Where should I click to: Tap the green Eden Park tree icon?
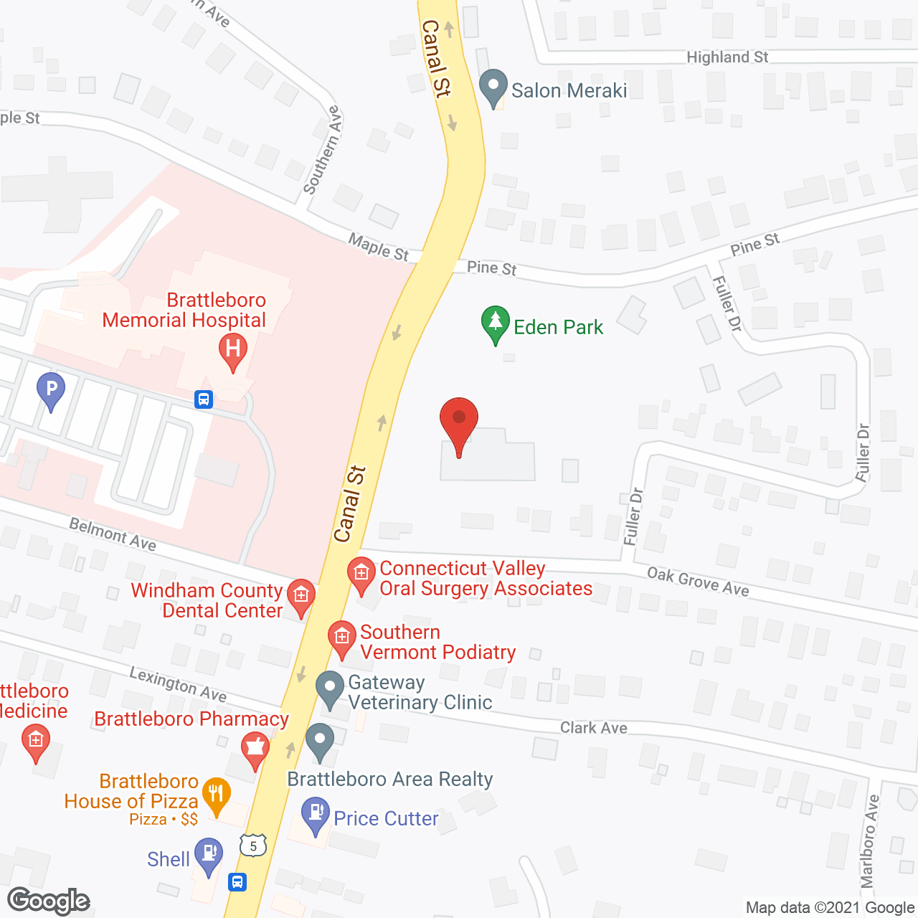[495, 324]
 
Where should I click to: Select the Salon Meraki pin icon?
[493, 87]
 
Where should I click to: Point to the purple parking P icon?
[51, 391]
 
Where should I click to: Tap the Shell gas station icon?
[209, 856]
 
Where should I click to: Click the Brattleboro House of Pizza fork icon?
[216, 795]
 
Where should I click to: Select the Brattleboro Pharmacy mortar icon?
[255, 750]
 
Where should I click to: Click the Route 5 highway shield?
[253, 846]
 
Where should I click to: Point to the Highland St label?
[727, 57]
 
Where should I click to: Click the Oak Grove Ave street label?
[698, 582]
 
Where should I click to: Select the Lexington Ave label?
[178, 684]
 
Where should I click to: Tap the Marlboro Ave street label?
[870, 841]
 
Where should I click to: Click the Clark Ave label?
[593, 728]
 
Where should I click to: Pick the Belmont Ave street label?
[113, 534]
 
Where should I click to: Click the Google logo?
[48, 901]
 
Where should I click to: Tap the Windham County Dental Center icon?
[301, 597]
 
